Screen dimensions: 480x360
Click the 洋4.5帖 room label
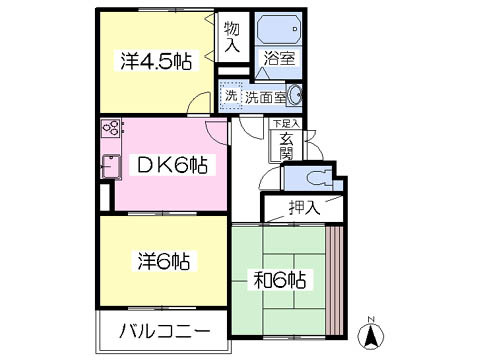156,61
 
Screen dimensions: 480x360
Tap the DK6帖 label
173,165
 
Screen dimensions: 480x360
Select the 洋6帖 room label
164,261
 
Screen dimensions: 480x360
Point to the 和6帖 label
279,280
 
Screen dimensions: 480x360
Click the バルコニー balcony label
165,331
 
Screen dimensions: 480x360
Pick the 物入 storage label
232,37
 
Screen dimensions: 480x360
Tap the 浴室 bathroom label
279,59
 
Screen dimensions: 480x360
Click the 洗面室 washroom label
266,97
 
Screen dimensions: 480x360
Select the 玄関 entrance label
286,146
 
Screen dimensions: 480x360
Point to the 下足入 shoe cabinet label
286,124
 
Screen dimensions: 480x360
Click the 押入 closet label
304,208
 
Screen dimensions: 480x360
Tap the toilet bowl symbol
320,179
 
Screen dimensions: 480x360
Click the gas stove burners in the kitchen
111,128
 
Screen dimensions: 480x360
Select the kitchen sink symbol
111,167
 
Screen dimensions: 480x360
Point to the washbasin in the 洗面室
295,95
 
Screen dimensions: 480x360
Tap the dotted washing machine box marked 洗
231,95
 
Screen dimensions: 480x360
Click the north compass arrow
371,335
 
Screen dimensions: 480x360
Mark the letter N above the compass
370,319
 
